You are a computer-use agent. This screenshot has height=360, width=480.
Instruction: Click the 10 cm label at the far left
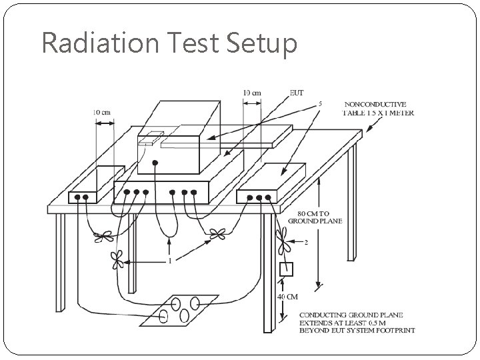click(101, 113)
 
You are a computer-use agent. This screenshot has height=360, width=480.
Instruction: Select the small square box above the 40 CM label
click(286, 270)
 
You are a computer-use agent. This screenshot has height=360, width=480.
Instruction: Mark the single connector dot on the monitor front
click(155, 162)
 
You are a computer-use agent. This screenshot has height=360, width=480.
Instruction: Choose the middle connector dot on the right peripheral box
click(258, 197)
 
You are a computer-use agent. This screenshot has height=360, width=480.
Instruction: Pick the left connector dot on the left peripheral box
click(77, 197)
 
